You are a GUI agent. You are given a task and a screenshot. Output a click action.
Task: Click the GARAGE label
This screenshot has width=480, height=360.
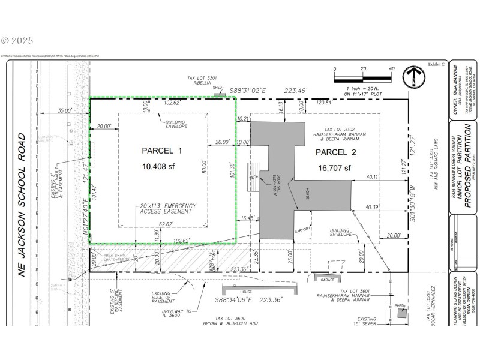pos(327,280)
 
